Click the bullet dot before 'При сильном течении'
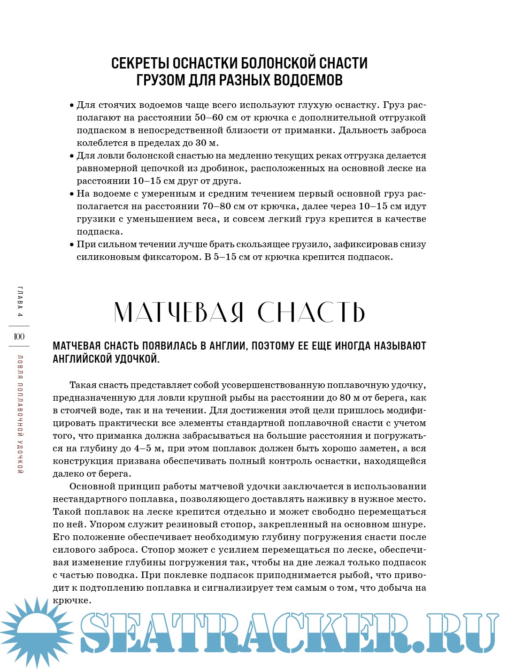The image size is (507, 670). point(72,244)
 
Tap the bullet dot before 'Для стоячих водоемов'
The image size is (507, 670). point(72,105)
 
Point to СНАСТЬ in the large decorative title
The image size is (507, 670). point(311,312)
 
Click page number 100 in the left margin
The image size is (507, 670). point(19,336)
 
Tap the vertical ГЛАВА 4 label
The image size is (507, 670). point(20,301)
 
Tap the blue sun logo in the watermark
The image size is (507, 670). point(37,631)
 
